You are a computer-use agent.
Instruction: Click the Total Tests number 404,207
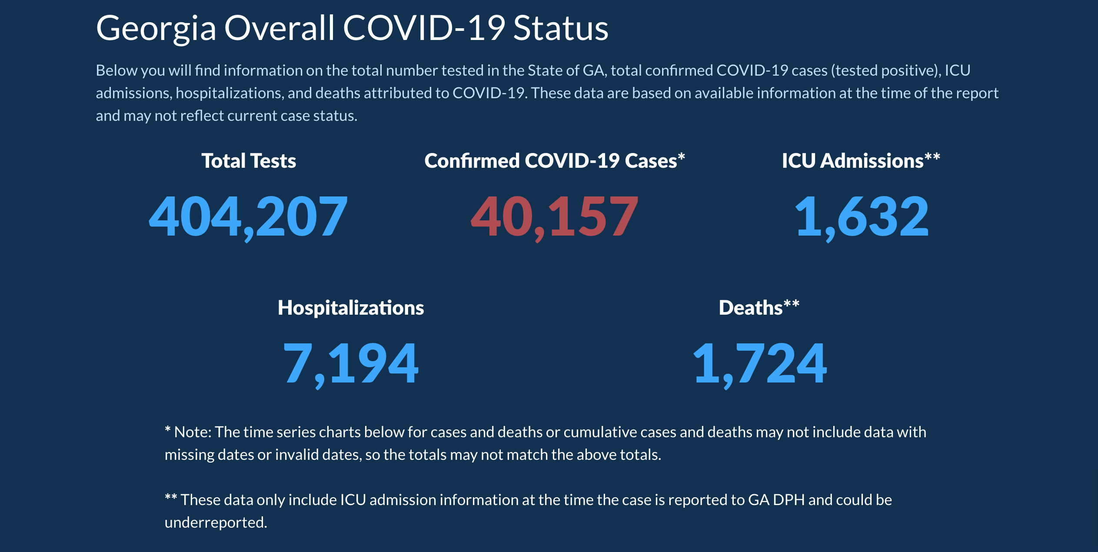(248, 216)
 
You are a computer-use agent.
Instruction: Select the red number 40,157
(554, 216)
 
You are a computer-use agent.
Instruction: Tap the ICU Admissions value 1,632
(861, 216)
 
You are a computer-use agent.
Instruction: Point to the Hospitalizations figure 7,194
(350, 363)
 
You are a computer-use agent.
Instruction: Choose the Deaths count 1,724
(759, 363)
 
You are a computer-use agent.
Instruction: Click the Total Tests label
(249, 161)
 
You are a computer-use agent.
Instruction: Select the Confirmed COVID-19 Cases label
(550, 161)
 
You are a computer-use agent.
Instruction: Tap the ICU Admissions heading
(852, 161)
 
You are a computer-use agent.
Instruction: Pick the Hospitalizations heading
(351, 308)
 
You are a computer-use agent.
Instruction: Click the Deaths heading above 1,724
(751, 308)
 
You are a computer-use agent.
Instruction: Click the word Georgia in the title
(156, 29)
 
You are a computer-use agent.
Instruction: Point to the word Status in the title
(561, 29)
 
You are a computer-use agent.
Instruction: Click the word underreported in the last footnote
(216, 522)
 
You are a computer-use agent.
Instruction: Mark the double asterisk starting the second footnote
(171, 498)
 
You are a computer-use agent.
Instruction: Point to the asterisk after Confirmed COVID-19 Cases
(682, 156)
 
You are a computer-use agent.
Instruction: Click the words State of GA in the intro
(566, 70)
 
